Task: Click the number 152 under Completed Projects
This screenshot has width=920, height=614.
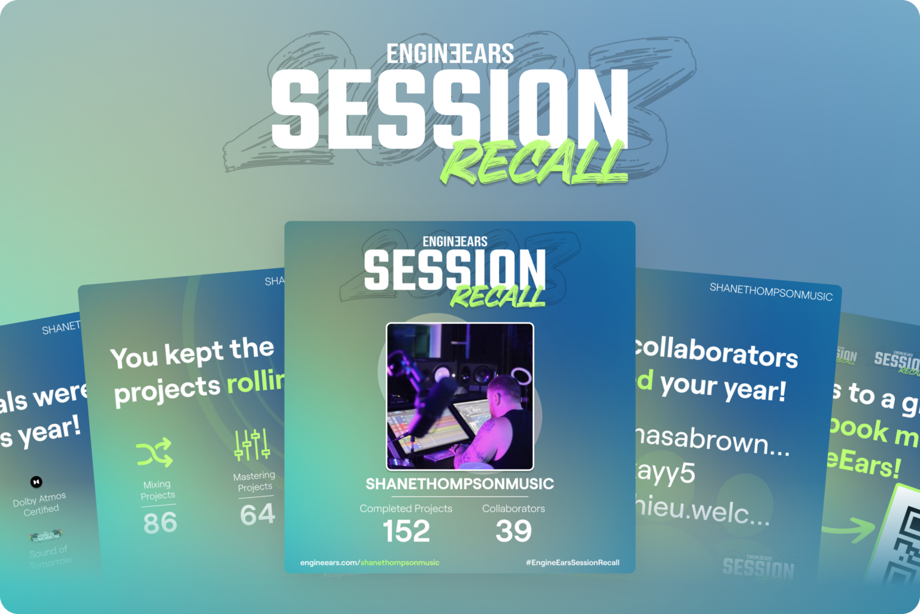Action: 406,531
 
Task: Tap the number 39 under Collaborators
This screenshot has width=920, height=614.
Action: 513,531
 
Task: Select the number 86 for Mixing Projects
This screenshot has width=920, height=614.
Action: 160,523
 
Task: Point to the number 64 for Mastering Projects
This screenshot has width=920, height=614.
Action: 258,515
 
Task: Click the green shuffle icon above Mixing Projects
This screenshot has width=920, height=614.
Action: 155,453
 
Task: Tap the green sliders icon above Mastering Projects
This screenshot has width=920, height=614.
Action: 252,445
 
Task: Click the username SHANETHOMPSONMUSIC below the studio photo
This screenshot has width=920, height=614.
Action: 459,484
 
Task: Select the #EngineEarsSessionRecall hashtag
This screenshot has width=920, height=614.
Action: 572,562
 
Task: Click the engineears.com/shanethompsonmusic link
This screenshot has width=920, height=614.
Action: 370,562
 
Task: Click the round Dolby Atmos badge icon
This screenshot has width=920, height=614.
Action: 37,481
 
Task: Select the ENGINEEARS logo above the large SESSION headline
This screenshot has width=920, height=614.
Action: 450,54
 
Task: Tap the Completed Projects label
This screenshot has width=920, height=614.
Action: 405,508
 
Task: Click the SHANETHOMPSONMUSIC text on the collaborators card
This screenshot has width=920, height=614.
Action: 771,292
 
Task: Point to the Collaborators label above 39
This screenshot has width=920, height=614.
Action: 513,508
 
